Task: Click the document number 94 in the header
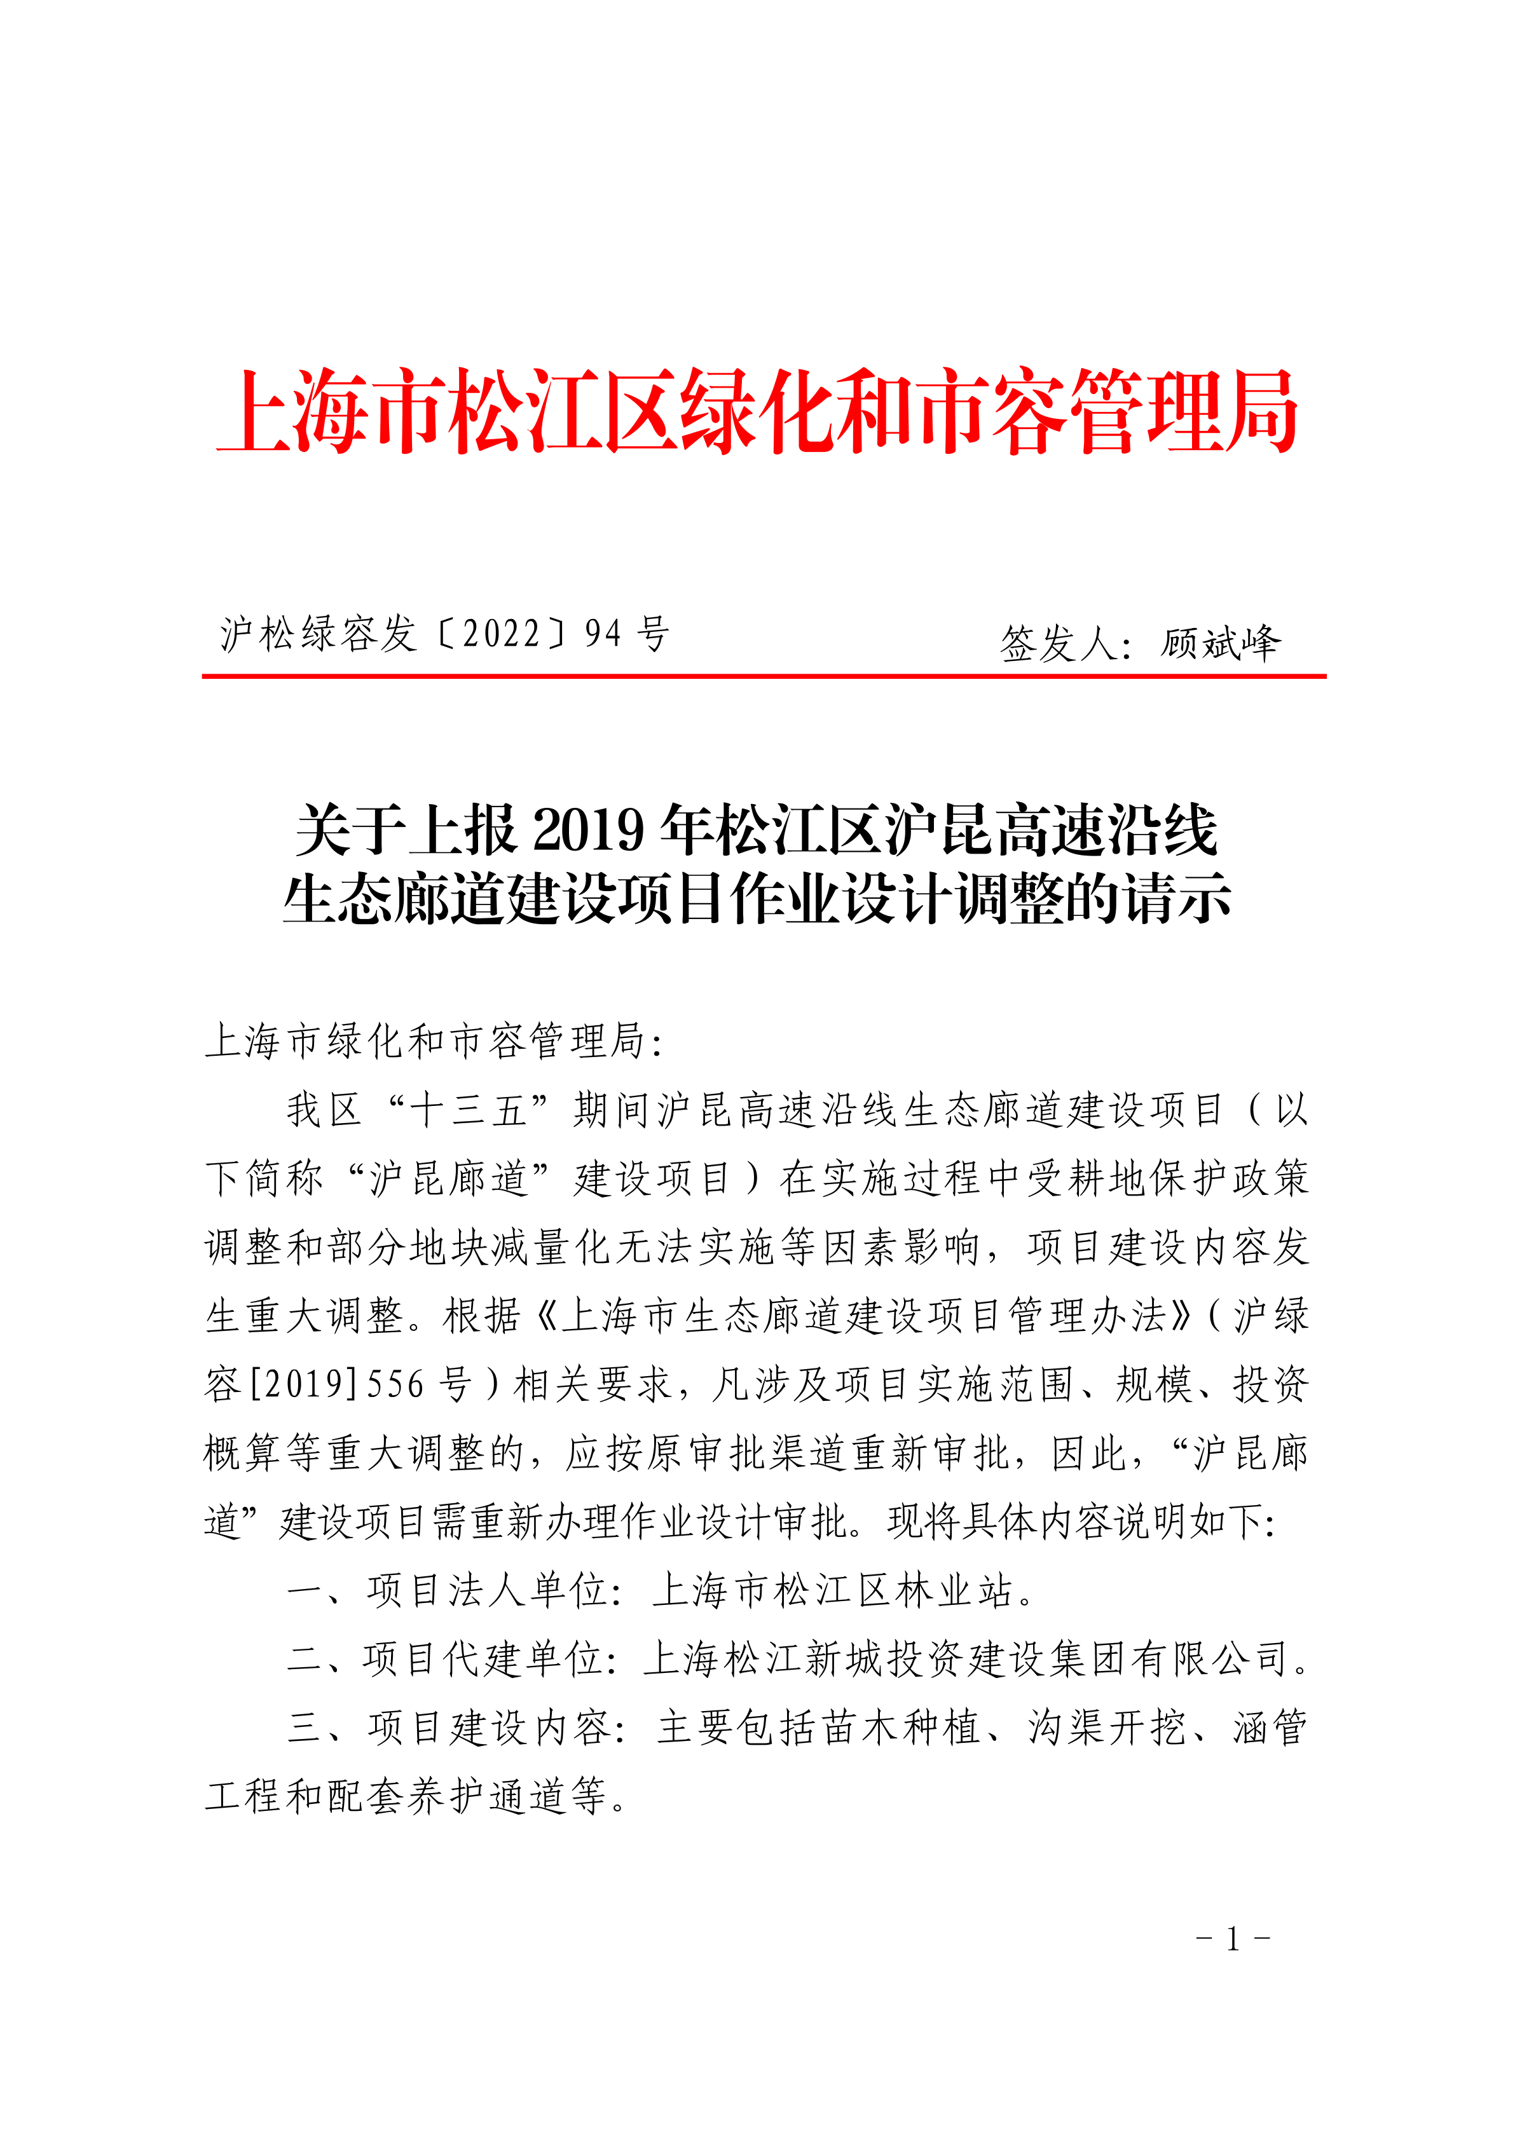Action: click(x=603, y=634)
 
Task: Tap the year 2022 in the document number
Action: click(x=501, y=634)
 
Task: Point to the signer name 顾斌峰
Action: click(x=1220, y=643)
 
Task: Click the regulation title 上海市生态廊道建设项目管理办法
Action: click(x=863, y=1316)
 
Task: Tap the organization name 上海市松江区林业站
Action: click(x=831, y=1591)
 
